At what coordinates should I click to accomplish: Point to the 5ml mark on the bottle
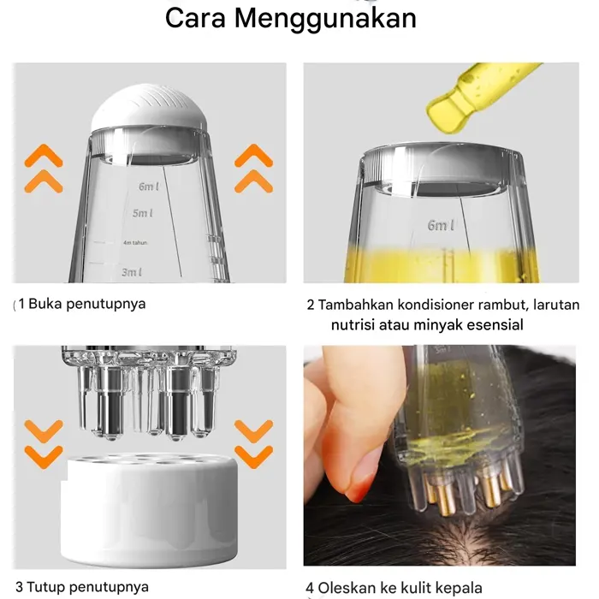142,213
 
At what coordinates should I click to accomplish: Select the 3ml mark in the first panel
131,272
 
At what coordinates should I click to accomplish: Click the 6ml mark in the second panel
442,225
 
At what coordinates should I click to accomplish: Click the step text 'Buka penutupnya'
87,304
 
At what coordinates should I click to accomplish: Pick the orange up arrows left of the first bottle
42,168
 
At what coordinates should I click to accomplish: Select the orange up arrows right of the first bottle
253,168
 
